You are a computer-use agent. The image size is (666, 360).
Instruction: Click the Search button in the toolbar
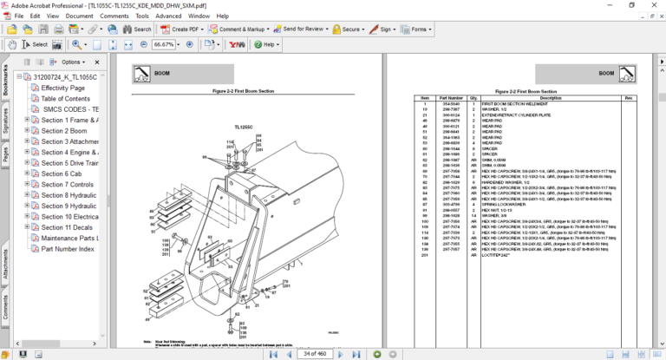137,29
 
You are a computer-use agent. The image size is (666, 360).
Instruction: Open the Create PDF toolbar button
180,29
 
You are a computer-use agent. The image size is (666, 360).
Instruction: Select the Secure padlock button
348,29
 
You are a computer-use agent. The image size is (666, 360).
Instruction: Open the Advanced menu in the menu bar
168,16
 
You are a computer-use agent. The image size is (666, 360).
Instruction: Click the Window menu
199,16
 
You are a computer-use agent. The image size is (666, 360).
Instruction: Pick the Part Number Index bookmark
68,249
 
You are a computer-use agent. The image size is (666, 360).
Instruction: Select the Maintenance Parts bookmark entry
69,238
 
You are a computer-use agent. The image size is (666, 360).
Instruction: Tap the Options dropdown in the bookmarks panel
73,62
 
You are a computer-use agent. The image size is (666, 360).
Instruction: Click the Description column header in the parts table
551,98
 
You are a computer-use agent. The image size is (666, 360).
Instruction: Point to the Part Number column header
451,98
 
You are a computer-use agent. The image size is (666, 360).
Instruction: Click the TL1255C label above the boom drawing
242,127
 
